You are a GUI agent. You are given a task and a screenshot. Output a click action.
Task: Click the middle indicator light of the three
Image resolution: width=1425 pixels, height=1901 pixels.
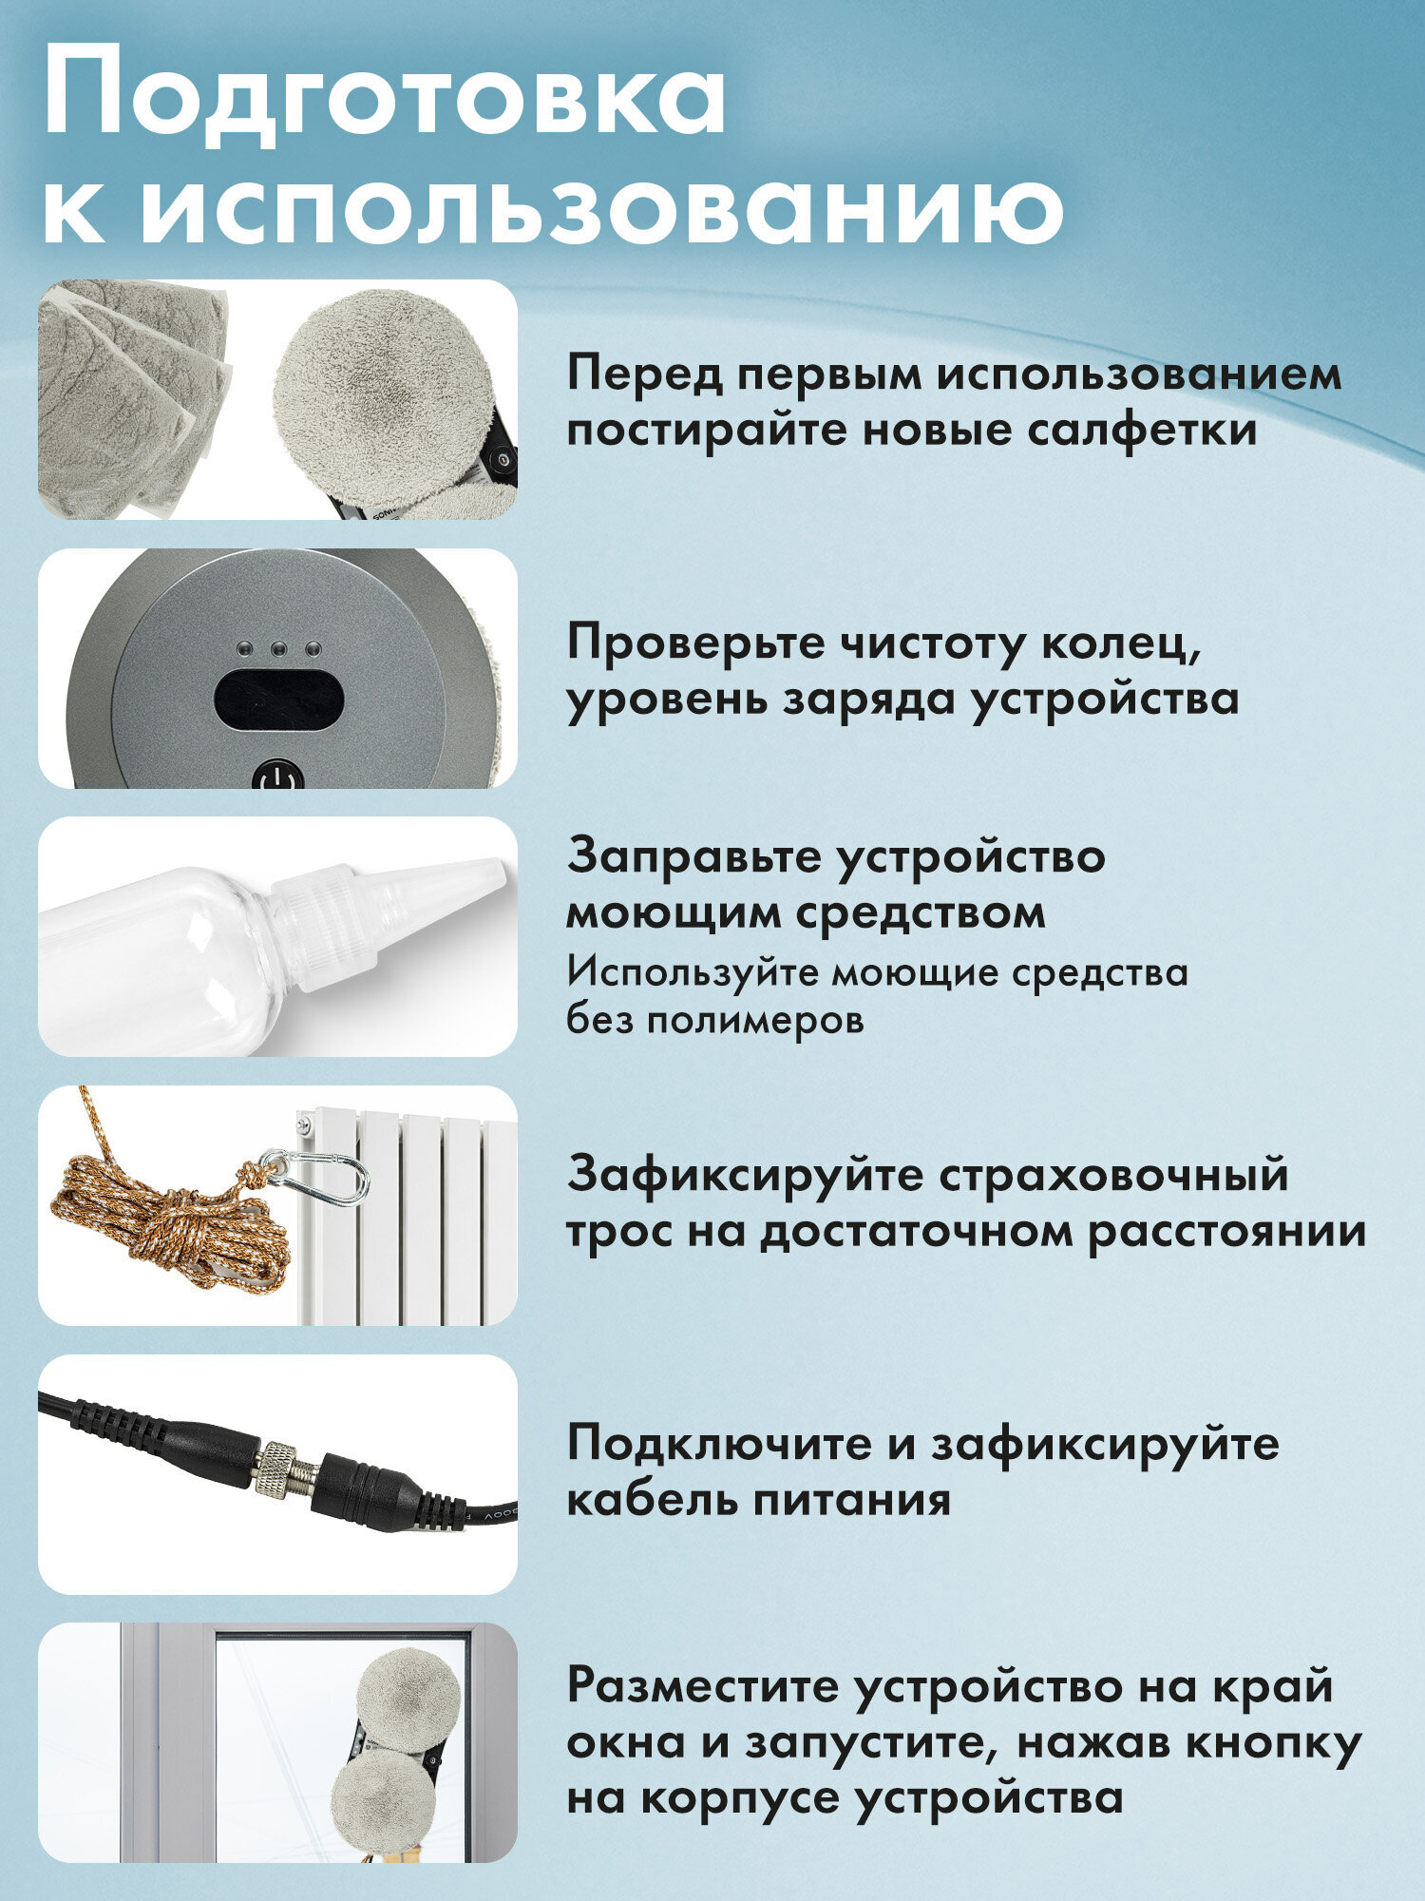tap(278, 650)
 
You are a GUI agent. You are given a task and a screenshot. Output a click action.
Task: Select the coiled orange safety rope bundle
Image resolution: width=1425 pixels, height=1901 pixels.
tap(166, 1226)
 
